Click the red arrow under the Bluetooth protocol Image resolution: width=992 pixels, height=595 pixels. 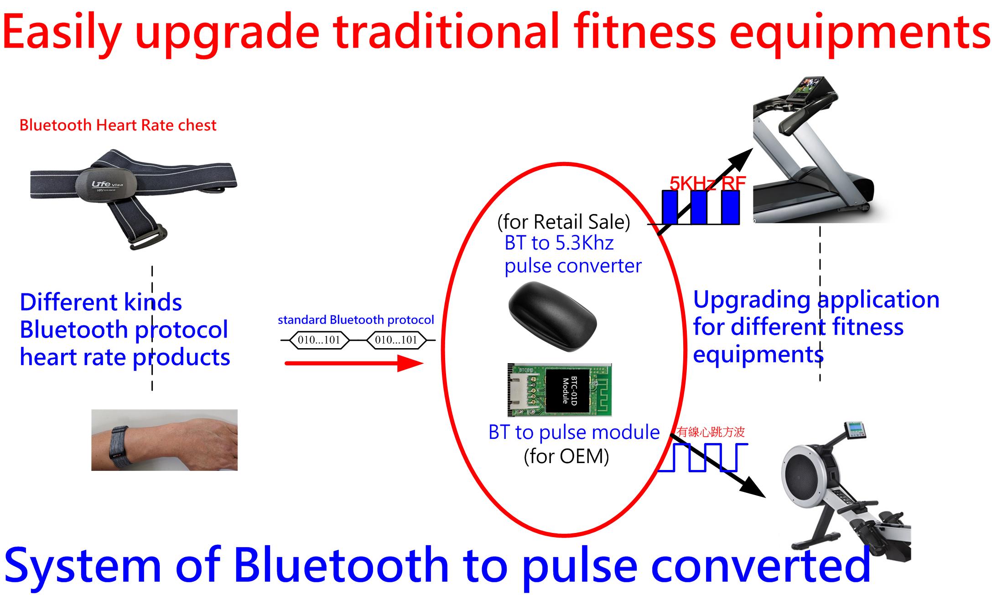[x=354, y=363]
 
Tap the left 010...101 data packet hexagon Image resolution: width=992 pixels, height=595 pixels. [x=319, y=340]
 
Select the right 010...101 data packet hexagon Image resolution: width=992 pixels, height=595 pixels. [x=396, y=340]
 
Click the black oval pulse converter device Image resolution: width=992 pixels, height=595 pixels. [x=552, y=316]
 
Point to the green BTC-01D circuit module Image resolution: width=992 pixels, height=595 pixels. [x=560, y=390]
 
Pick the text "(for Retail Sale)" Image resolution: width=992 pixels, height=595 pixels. [x=564, y=222]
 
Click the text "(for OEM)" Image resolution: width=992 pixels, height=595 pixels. [x=566, y=456]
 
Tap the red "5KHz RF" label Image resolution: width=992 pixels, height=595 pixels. [x=707, y=183]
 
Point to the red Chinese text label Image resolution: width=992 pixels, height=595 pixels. [x=711, y=432]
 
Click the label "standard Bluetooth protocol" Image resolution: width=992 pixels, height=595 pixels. [x=356, y=320]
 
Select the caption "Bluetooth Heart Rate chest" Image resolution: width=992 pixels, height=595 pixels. [x=118, y=125]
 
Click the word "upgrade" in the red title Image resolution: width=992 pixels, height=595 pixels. [x=227, y=33]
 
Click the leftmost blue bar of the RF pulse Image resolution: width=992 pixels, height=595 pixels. [x=670, y=207]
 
